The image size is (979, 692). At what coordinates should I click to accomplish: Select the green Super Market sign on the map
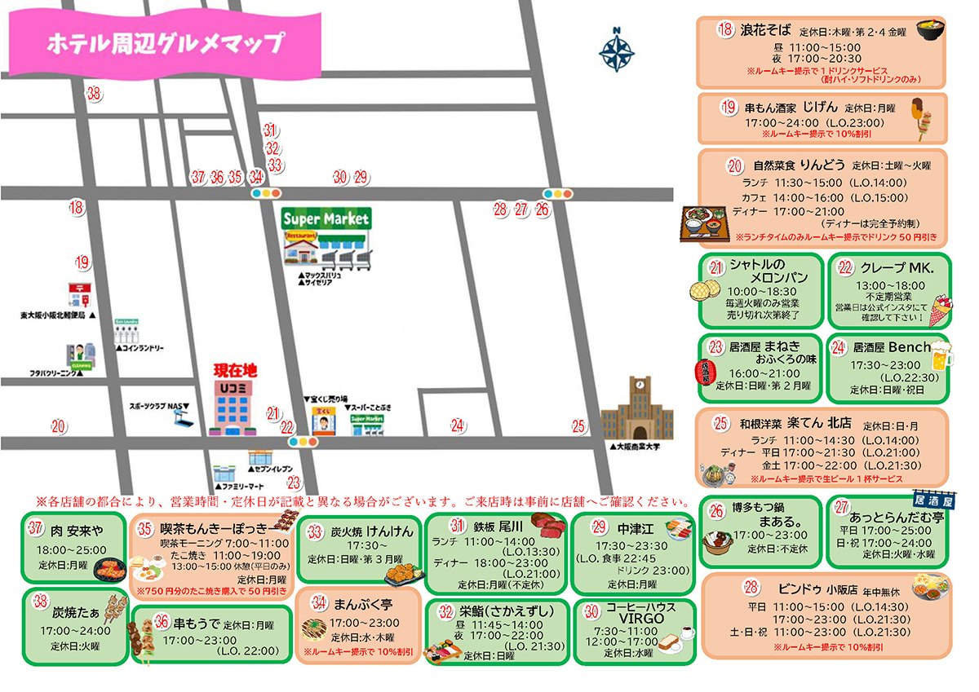tap(326, 219)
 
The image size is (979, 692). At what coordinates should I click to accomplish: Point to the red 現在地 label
tap(235, 371)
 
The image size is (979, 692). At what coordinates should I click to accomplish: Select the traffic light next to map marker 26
tap(558, 194)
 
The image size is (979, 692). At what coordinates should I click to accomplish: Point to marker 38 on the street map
tap(95, 93)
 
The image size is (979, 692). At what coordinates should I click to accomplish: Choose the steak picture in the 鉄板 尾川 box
tap(548, 522)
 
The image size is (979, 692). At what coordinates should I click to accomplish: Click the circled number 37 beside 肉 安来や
tap(36, 528)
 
